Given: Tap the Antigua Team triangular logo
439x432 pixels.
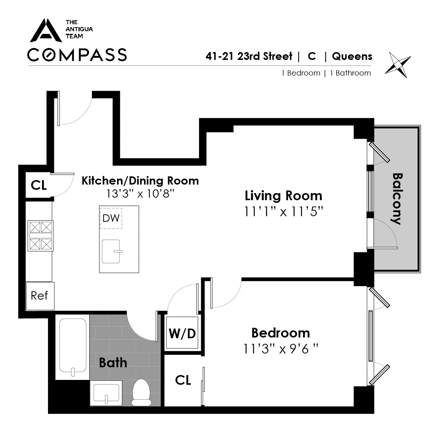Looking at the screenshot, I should tap(46, 31).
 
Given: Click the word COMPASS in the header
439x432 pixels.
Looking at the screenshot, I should tap(77, 55).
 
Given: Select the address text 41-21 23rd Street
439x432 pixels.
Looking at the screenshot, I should tap(249, 56).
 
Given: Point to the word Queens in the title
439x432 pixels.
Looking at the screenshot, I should tap(352, 56).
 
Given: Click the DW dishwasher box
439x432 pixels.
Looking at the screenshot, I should tap(111, 218).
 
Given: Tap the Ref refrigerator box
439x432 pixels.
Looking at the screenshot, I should tap(40, 296).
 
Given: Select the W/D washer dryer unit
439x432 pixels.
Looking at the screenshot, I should tap(182, 333).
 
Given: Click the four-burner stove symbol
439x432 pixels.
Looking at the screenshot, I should tap(41, 236).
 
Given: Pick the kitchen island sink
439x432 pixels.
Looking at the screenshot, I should tap(111, 252).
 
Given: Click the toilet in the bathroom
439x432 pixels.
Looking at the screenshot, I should tap(141, 392).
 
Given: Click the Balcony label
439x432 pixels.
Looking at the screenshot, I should tap(397, 199).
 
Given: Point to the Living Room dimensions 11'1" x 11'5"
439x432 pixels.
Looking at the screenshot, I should tap(283, 211).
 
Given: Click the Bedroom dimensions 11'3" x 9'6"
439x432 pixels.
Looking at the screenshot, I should tap(281, 349).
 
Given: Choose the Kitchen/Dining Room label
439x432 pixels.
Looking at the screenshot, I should tap(140, 181).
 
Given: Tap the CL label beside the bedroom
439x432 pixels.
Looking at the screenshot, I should tap(183, 380).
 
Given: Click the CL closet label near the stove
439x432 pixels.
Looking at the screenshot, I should tap(39, 185).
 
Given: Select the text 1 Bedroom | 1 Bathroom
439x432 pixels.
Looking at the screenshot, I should tap(326, 73).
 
